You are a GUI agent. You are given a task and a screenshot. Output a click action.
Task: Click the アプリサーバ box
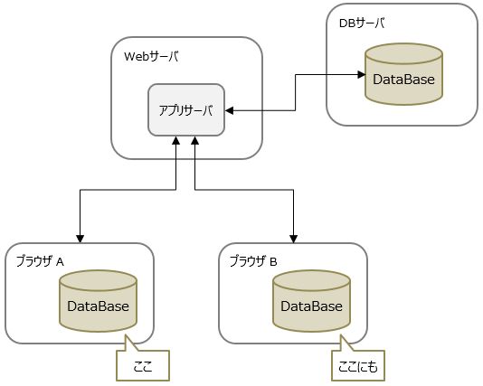(x=186, y=110)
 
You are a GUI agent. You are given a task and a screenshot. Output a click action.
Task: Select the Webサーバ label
(x=151, y=57)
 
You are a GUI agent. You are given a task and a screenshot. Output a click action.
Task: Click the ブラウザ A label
(x=40, y=260)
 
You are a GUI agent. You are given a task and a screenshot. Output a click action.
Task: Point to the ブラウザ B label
(x=253, y=260)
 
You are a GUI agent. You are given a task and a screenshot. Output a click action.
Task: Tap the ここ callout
(x=143, y=367)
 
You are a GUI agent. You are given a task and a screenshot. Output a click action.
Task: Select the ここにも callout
(x=358, y=367)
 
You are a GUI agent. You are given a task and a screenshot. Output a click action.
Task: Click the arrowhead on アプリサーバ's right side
(x=230, y=110)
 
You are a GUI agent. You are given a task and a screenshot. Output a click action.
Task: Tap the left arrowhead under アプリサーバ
(x=175, y=143)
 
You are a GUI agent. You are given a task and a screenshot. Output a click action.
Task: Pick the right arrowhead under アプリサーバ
(x=194, y=143)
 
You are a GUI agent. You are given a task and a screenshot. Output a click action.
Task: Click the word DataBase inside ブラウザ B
(x=312, y=306)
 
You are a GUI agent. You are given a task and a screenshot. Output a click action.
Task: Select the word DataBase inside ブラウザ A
(x=99, y=306)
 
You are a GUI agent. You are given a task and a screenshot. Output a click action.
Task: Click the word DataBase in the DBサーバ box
(x=404, y=80)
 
